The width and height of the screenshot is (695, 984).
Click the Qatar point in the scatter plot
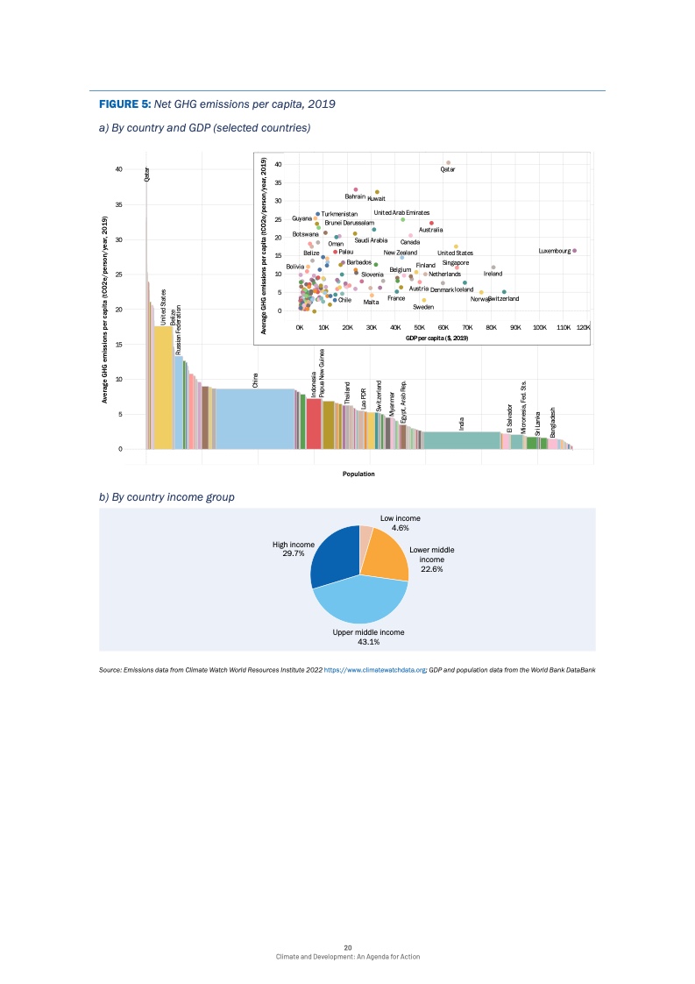point(448,162)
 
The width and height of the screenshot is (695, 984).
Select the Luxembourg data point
point(574,250)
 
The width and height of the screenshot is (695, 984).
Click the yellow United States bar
point(163,387)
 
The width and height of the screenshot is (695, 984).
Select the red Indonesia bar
point(313,424)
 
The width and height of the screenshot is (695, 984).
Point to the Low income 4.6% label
point(400,523)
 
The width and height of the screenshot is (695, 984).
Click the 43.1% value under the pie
point(368,642)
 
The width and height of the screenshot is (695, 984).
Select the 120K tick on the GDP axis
point(584,327)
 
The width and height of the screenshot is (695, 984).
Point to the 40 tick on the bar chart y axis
point(118,168)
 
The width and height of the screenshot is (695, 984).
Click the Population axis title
point(359,474)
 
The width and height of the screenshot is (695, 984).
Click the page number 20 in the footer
point(348,947)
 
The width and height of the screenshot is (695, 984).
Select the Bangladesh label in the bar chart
point(553,423)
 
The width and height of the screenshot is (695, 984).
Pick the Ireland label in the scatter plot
point(493,273)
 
